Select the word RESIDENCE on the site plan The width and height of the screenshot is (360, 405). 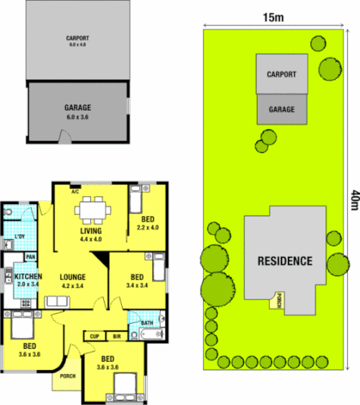coord(284,261)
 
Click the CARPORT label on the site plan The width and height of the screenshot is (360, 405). coord(281,74)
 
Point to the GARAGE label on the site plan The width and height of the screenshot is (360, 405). coord(281,110)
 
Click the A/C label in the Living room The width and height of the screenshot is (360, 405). coord(75,192)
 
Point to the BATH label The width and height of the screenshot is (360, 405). coord(147,323)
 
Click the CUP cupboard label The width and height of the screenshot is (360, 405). coord(95,335)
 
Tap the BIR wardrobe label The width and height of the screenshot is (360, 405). coord(117,335)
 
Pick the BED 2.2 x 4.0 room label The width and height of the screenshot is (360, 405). coord(148,223)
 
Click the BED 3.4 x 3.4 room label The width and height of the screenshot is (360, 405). coord(137,281)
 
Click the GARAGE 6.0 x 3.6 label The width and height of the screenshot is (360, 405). coord(78,112)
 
